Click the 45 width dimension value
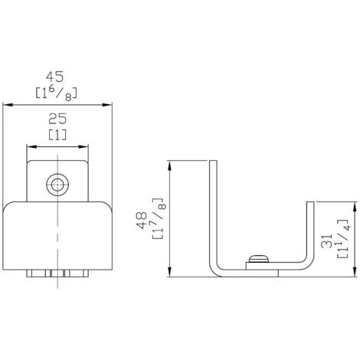coord(54,77)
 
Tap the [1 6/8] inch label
coord(56,93)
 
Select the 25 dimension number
coord(57,119)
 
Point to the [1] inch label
coord(57,135)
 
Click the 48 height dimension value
coord(142,220)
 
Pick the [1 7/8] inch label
coord(159,218)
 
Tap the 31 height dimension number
coord(326,241)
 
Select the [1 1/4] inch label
coord(344,238)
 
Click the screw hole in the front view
coord(57,185)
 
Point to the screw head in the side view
coord(259,258)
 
